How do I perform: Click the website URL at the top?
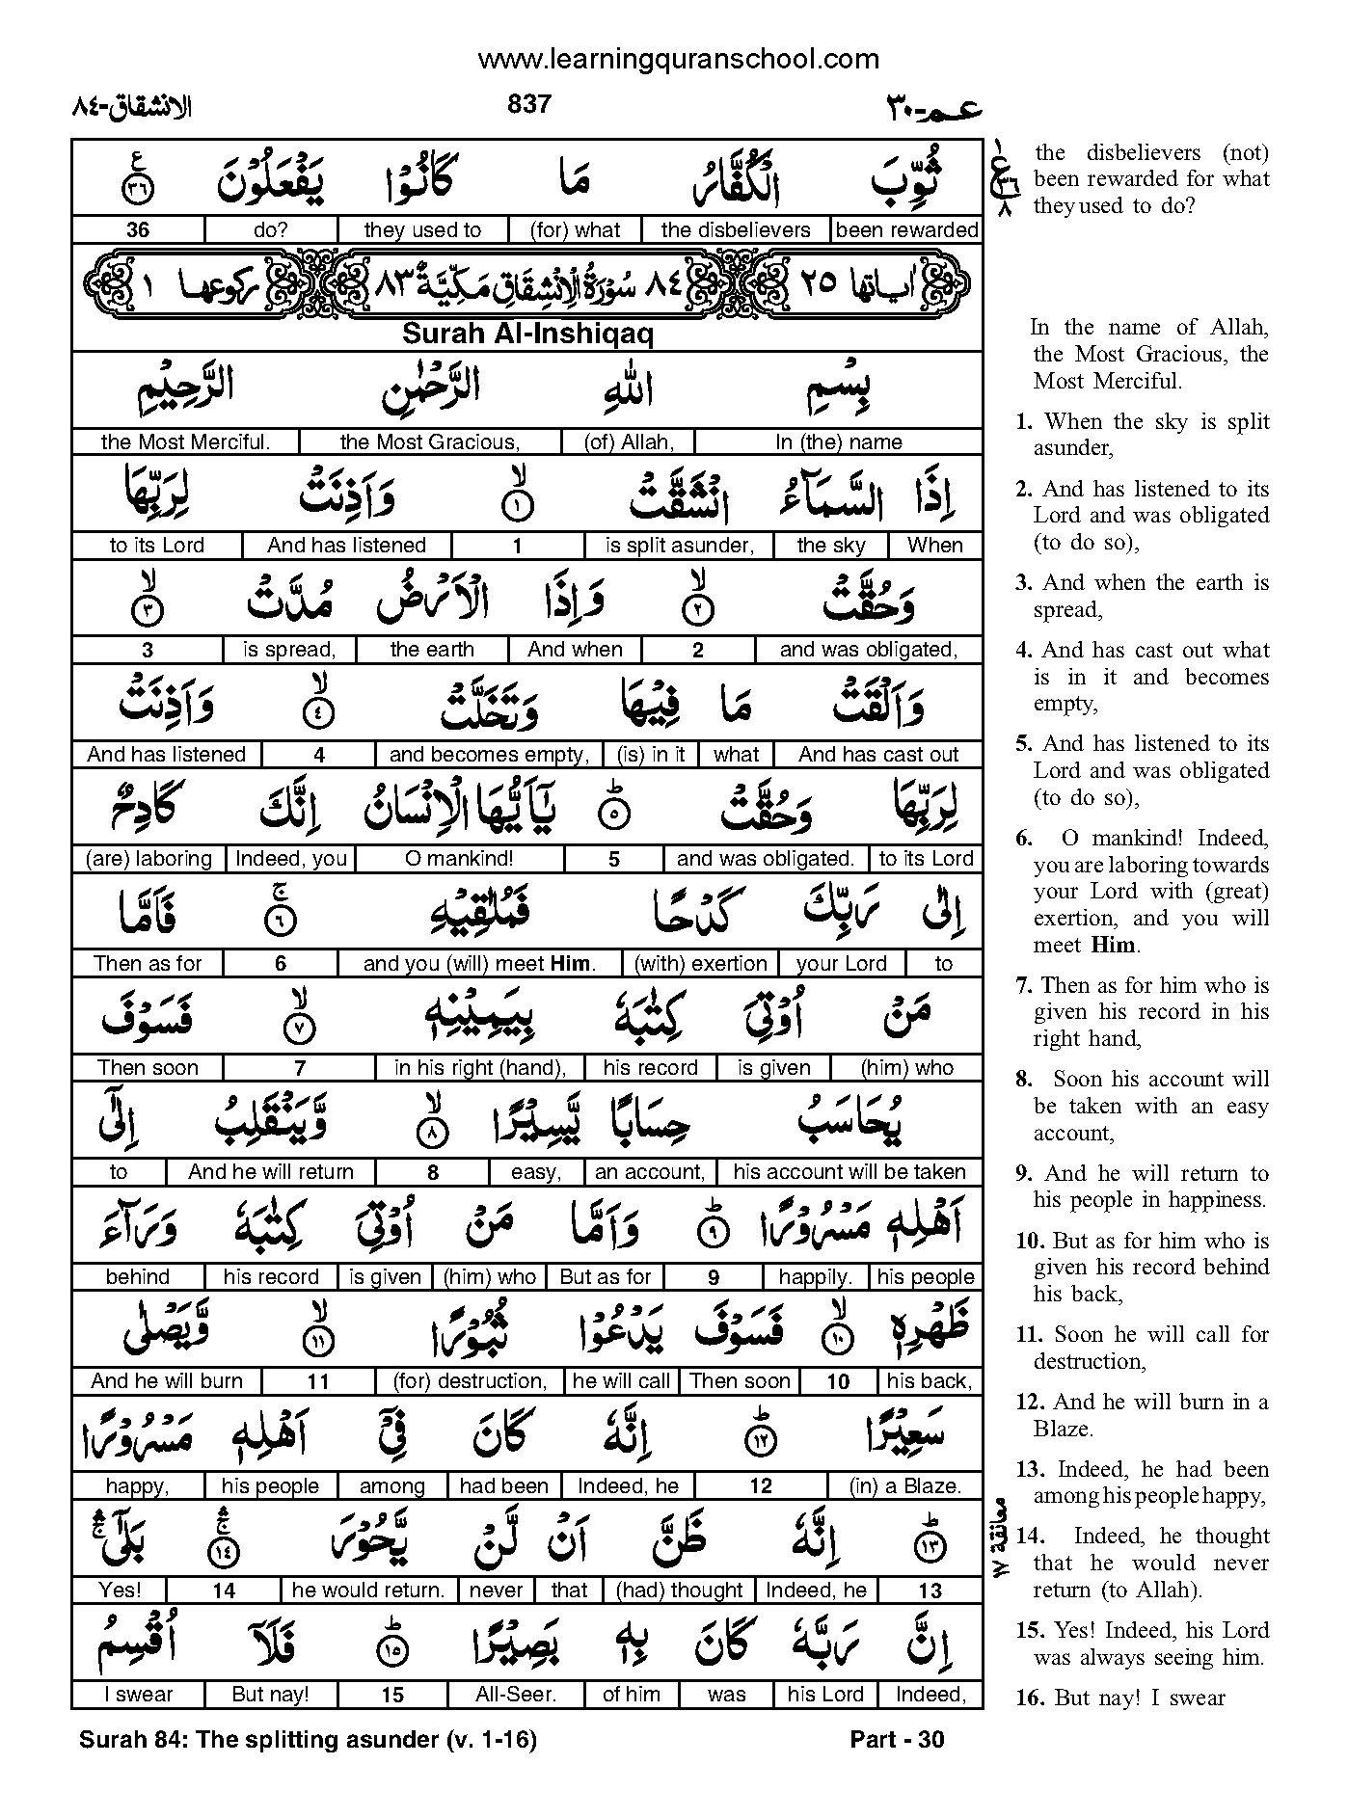click(x=679, y=59)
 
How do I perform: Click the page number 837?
click(x=528, y=104)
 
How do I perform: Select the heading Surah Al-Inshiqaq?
click(x=527, y=334)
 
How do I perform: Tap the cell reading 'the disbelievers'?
click(x=736, y=229)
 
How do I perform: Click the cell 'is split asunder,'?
click(x=679, y=545)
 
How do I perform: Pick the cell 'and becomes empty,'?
click(x=489, y=754)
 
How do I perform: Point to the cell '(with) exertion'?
click(x=700, y=963)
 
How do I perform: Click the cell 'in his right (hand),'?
click(x=479, y=1067)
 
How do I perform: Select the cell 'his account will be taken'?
click(x=849, y=1171)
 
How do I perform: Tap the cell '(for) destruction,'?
click(x=470, y=1380)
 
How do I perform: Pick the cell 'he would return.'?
click(x=368, y=1590)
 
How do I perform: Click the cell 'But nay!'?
click(x=271, y=1694)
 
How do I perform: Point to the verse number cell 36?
click(x=137, y=229)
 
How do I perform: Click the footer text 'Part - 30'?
click(x=897, y=1739)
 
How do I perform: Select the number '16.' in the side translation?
click(x=1029, y=1698)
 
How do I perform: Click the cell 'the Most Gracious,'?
click(x=430, y=441)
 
